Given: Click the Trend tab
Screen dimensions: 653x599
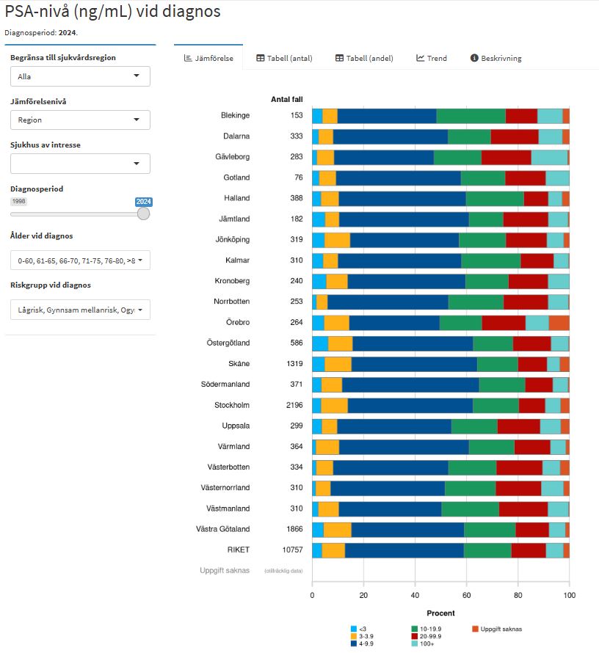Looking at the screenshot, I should [x=431, y=58].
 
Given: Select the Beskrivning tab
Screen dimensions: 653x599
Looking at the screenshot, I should [x=495, y=58].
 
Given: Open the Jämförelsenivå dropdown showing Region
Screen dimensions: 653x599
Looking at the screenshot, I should [x=80, y=120].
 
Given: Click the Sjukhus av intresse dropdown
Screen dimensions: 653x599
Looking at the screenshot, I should [x=80, y=164].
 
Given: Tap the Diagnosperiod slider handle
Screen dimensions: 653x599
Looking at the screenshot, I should [x=143, y=214].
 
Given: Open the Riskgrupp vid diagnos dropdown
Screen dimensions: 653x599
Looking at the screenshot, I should [x=80, y=310].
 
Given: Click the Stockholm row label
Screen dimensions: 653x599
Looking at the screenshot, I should [x=232, y=405].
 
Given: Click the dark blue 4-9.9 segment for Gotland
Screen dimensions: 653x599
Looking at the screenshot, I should [x=398, y=178].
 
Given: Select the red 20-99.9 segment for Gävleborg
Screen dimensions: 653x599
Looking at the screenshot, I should [x=506, y=157].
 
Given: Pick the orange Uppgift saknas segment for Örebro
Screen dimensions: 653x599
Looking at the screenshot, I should [x=559, y=323].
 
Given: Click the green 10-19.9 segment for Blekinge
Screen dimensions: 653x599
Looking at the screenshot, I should [x=471, y=116].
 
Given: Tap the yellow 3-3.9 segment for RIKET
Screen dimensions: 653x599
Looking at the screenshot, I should [x=333, y=550].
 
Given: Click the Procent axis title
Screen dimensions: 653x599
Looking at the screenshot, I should [x=440, y=613].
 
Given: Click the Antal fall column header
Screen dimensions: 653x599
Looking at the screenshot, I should [x=286, y=99].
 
